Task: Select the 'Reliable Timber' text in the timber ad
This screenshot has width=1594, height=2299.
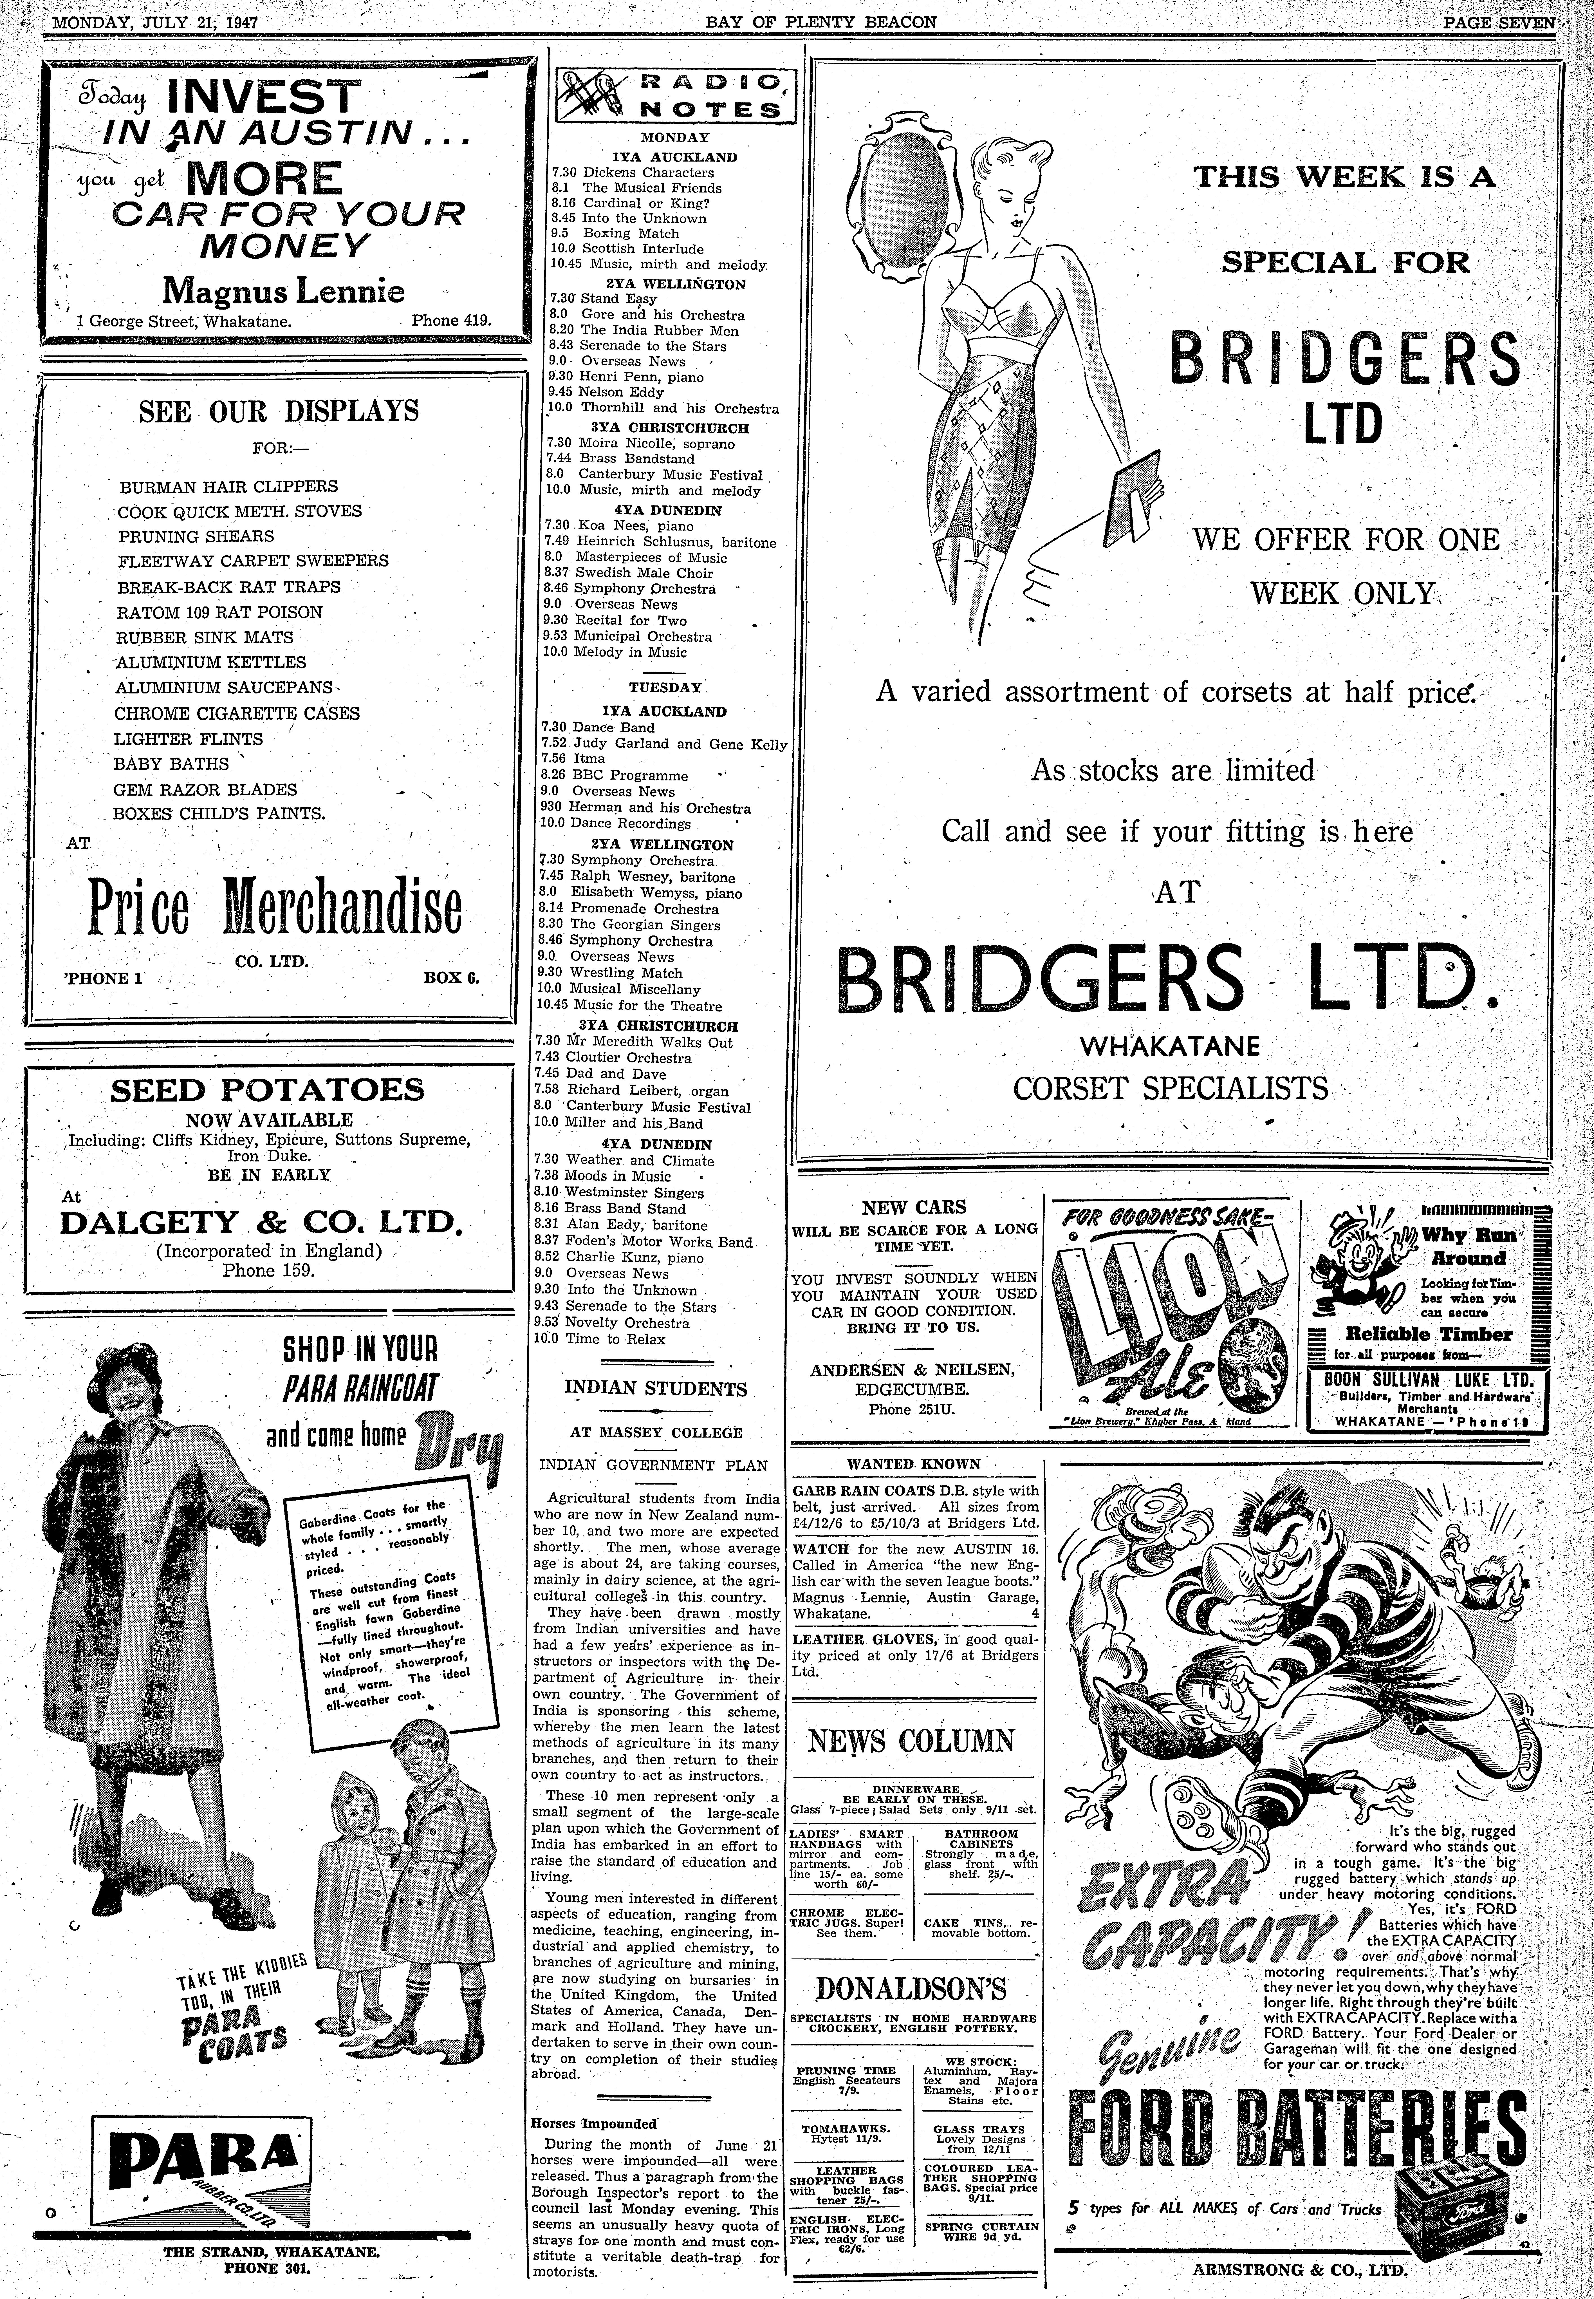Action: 1428,1333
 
